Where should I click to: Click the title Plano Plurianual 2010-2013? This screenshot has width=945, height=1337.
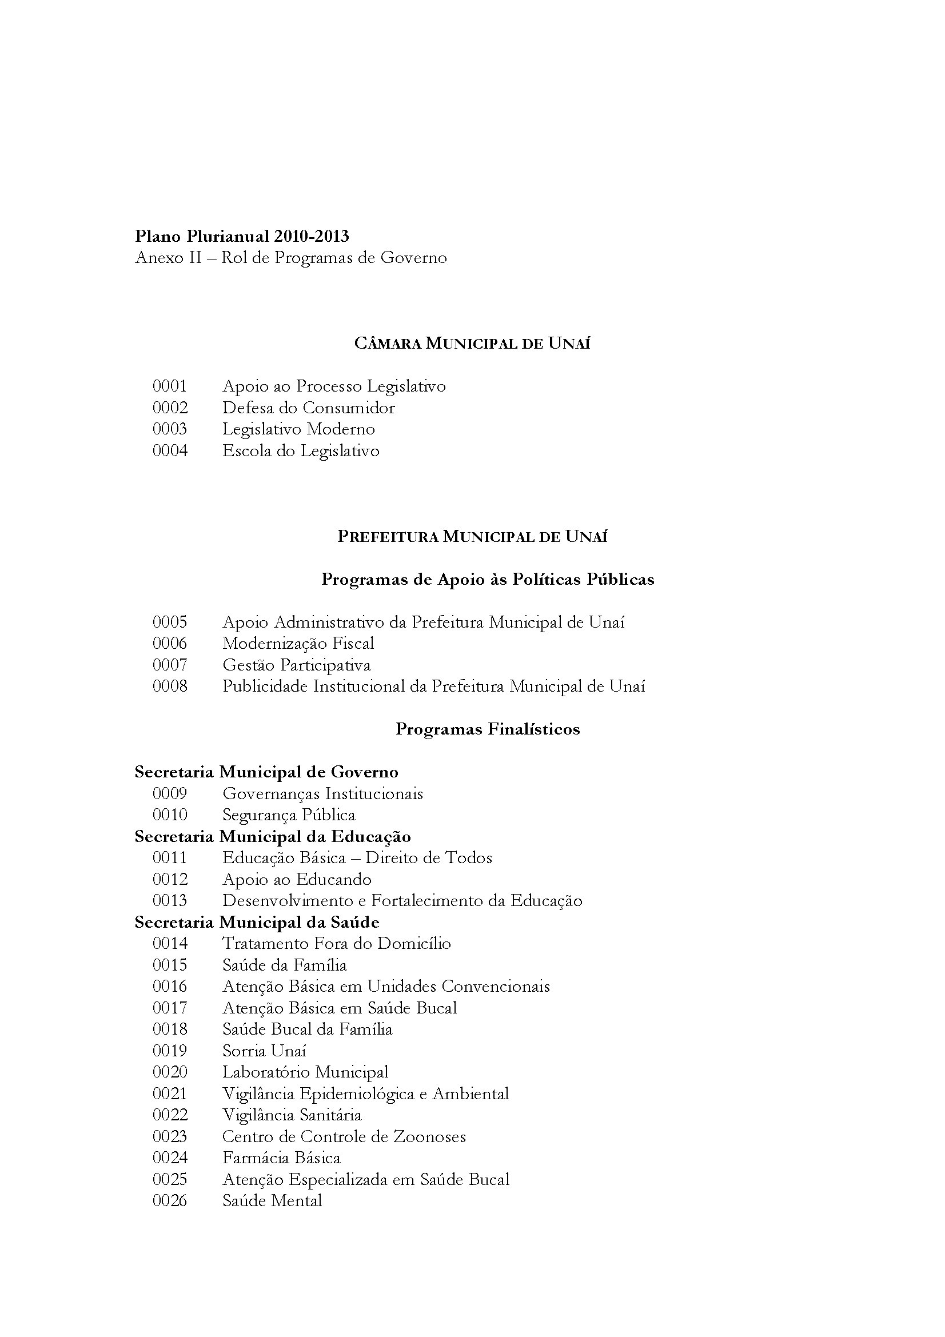click(x=242, y=237)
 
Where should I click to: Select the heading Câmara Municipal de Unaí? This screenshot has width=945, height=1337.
click(x=472, y=344)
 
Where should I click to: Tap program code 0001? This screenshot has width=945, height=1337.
click(x=169, y=386)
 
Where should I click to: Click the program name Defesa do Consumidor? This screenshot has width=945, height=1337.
click(x=308, y=408)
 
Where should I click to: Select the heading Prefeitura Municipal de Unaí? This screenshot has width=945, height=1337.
click(x=472, y=536)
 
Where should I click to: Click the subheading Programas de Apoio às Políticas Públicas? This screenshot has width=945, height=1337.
click(x=487, y=580)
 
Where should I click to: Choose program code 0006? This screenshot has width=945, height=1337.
click(x=169, y=644)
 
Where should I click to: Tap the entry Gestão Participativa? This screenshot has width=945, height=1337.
click(x=296, y=665)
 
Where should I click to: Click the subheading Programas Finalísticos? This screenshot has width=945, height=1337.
click(x=487, y=729)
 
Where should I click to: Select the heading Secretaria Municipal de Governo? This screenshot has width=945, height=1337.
click(x=266, y=772)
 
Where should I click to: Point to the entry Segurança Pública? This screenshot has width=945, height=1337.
click(x=288, y=815)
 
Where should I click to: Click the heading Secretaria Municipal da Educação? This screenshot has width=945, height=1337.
click(x=273, y=837)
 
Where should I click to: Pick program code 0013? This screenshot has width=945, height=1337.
click(x=169, y=901)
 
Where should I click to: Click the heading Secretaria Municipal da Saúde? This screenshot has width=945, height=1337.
click(x=257, y=923)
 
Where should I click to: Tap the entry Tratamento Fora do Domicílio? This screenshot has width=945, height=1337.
click(x=336, y=944)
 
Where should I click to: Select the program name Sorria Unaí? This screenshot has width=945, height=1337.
click(x=264, y=1051)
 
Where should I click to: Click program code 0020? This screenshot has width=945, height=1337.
click(x=169, y=1072)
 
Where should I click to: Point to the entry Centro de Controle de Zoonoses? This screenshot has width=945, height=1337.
click(x=344, y=1137)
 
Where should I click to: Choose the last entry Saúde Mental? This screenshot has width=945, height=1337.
click(x=272, y=1201)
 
